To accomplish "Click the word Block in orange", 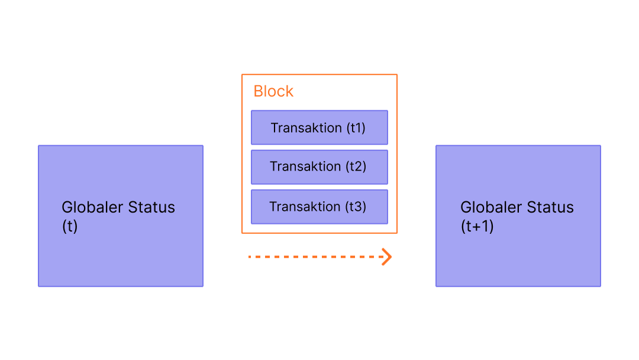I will click(273, 91).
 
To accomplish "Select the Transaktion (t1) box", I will click(319, 127).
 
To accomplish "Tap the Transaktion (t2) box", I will click(319, 167).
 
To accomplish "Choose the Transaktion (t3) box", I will click(319, 207).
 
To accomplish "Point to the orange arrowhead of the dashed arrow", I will click(386, 257).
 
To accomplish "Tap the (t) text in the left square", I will click(70, 226).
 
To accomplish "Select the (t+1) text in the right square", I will click(477, 226).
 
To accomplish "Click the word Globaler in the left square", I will click(92, 208).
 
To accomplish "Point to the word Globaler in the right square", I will click(491, 208).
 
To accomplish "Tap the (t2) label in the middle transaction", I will click(356, 167).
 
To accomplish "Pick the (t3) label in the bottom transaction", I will click(356, 207).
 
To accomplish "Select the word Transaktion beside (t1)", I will click(306, 128).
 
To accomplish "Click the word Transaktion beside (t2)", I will click(306, 167).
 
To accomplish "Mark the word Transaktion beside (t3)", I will click(305, 207).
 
